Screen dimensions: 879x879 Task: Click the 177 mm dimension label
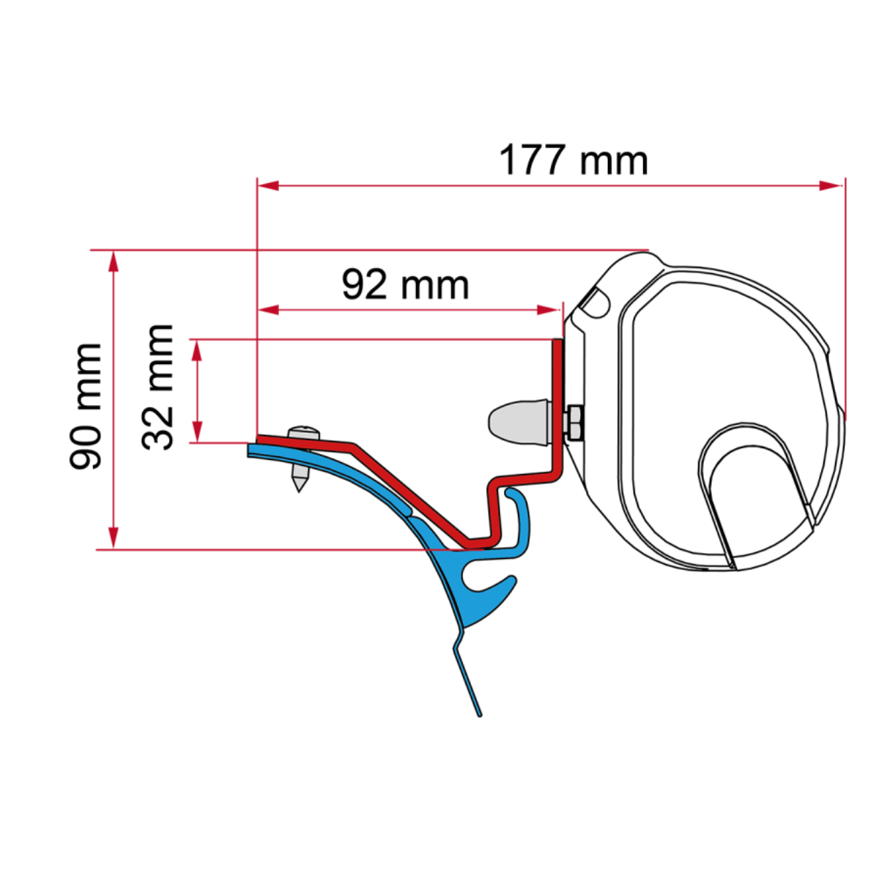573,160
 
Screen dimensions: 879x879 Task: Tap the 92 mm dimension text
405,285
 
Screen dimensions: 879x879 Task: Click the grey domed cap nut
518,423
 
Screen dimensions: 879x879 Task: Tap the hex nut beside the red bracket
574,423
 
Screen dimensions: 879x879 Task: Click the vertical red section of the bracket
557,388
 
